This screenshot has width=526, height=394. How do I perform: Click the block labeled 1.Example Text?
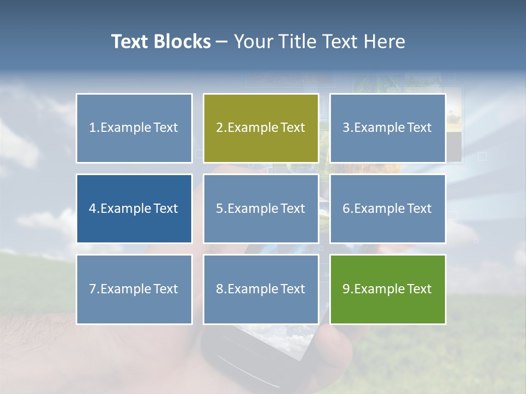[x=134, y=128]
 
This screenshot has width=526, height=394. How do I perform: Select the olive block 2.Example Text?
[x=261, y=128]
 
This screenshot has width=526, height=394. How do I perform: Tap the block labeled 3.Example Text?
[x=387, y=128]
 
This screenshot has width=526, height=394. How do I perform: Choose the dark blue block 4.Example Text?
[x=134, y=208]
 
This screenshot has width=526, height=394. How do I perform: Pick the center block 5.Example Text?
[x=261, y=208]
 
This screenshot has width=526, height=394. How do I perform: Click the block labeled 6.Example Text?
[x=387, y=208]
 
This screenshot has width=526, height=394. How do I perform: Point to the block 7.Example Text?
[x=134, y=289]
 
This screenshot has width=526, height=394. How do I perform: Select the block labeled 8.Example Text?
[x=261, y=289]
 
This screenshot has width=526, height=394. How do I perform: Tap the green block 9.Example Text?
[x=387, y=289]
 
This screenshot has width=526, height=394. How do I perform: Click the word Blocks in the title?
[x=183, y=42]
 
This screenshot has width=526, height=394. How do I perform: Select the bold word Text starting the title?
[x=131, y=42]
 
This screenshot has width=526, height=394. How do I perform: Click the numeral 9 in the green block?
[x=346, y=289]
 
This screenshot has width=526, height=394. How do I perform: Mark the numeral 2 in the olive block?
[x=220, y=128]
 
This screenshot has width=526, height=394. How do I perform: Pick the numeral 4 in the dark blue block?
[x=93, y=208]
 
